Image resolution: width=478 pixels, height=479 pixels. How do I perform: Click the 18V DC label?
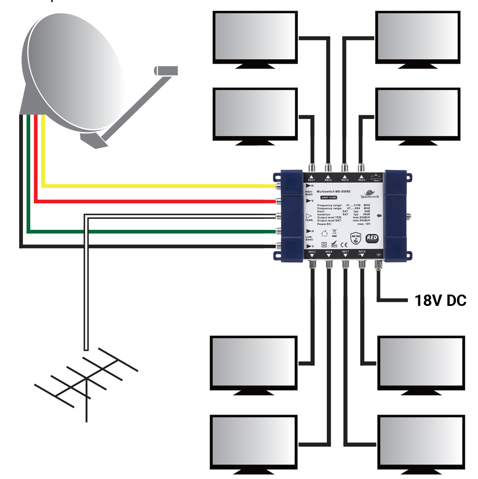point(440,300)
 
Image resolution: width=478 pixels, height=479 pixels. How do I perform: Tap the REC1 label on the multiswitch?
point(311,180)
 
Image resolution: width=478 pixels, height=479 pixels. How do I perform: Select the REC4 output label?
point(362,180)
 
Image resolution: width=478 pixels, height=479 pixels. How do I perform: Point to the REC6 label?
point(329,252)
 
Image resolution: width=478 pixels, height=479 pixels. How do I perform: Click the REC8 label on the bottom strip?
point(362,252)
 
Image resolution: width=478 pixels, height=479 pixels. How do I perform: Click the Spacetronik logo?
point(370,194)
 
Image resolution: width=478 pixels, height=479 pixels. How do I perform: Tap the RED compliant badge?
point(372,238)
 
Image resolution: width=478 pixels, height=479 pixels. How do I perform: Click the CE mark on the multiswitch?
point(344,245)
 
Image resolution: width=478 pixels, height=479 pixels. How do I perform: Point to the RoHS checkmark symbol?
point(334,245)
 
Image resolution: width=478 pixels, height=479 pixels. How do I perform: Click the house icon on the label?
point(324,233)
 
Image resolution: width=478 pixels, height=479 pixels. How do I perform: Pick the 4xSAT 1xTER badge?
point(329,198)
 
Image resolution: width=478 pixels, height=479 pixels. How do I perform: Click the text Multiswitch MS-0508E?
point(333,191)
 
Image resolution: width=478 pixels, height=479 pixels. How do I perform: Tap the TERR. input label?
point(309,220)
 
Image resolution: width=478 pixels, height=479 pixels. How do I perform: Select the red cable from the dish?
point(155,201)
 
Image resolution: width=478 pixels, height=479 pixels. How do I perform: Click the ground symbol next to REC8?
point(378,255)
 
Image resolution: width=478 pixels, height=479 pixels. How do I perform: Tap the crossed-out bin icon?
point(334,233)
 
